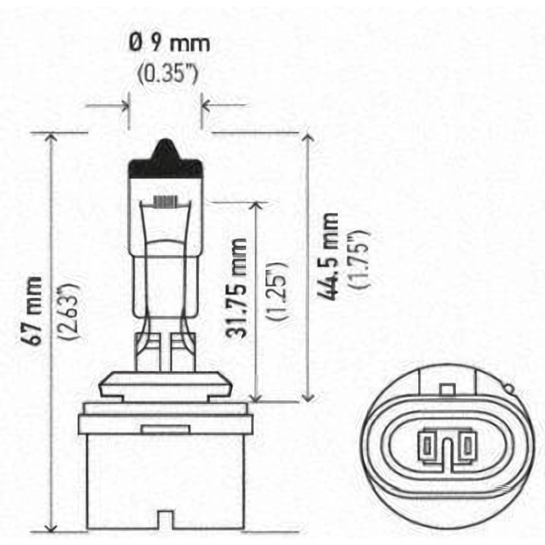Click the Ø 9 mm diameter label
pyautogui.click(x=170, y=44)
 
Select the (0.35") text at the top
pyautogui.click(x=168, y=74)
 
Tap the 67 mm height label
pyautogui.click(x=35, y=311)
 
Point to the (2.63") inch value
pyautogui.click(x=69, y=311)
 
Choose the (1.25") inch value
pyautogui.click(x=277, y=290)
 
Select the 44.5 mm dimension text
pyautogui.click(x=328, y=256)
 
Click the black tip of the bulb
pyautogui.click(x=165, y=159)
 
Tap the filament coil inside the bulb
pyautogui.click(x=165, y=201)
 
